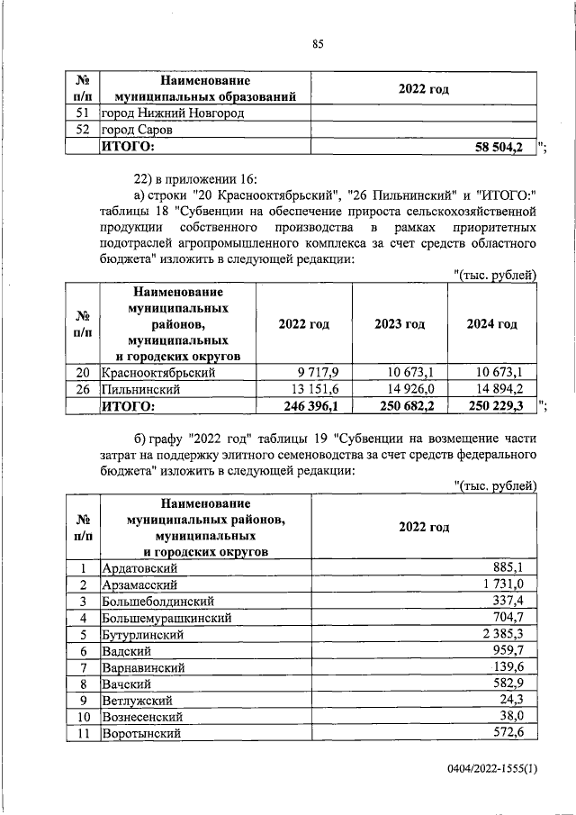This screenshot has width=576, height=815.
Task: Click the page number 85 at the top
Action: pos(317,45)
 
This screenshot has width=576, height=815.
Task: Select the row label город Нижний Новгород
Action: pos(172,113)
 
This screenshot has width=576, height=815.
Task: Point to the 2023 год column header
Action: pos(400,324)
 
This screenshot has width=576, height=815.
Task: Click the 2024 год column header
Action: pos(491,324)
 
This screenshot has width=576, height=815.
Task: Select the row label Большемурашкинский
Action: pos(167,618)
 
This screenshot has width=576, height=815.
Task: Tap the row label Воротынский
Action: pos(141,734)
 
